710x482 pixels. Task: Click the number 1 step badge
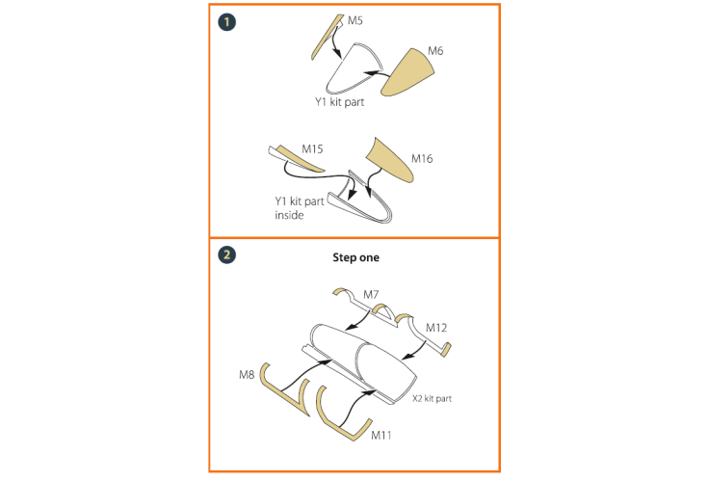tap(226, 22)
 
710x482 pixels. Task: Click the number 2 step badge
tap(226, 254)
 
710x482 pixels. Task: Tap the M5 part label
tap(355, 20)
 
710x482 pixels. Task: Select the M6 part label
tap(435, 51)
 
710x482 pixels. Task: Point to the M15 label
tap(312, 149)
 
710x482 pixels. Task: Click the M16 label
tap(422, 158)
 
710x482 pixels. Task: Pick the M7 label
tap(371, 294)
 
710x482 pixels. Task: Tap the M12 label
tap(436, 328)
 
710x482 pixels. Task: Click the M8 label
tap(247, 375)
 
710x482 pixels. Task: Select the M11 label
tap(381, 436)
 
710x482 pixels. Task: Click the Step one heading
tap(355, 257)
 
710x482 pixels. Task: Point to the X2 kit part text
tap(432, 399)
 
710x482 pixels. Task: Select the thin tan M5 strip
tap(326, 37)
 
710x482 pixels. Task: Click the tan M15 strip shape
tap(300, 159)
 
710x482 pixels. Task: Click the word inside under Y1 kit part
tap(289, 215)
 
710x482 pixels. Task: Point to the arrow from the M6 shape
tap(377, 73)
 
